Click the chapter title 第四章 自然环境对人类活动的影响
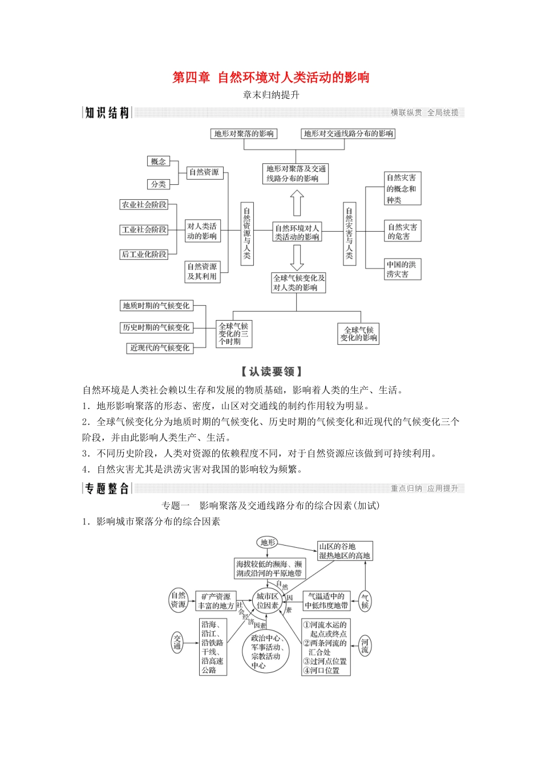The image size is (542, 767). click(x=271, y=78)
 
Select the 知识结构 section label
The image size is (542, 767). click(x=107, y=113)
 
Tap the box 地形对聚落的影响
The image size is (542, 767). click(x=244, y=134)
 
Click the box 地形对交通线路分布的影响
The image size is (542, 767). click(x=348, y=134)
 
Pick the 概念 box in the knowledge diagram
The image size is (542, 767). click(x=159, y=162)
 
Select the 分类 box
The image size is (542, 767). click(x=159, y=184)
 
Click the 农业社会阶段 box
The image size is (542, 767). click(x=144, y=204)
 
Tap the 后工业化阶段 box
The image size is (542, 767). click(x=144, y=254)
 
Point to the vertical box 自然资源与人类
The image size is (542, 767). click(x=247, y=233)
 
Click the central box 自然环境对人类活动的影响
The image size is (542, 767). click(x=297, y=232)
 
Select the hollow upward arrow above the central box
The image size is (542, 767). click(x=297, y=203)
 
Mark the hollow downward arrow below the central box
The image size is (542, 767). click(x=297, y=258)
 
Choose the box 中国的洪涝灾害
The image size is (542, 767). click(x=402, y=269)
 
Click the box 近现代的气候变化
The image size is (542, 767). click(x=160, y=348)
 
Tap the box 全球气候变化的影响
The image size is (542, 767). click(x=358, y=334)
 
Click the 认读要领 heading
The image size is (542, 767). click(x=271, y=372)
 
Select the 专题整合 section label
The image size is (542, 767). click(x=107, y=489)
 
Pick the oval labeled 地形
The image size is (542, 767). click(x=268, y=543)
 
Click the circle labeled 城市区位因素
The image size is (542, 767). click(x=268, y=601)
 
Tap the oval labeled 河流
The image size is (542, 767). click(x=365, y=646)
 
